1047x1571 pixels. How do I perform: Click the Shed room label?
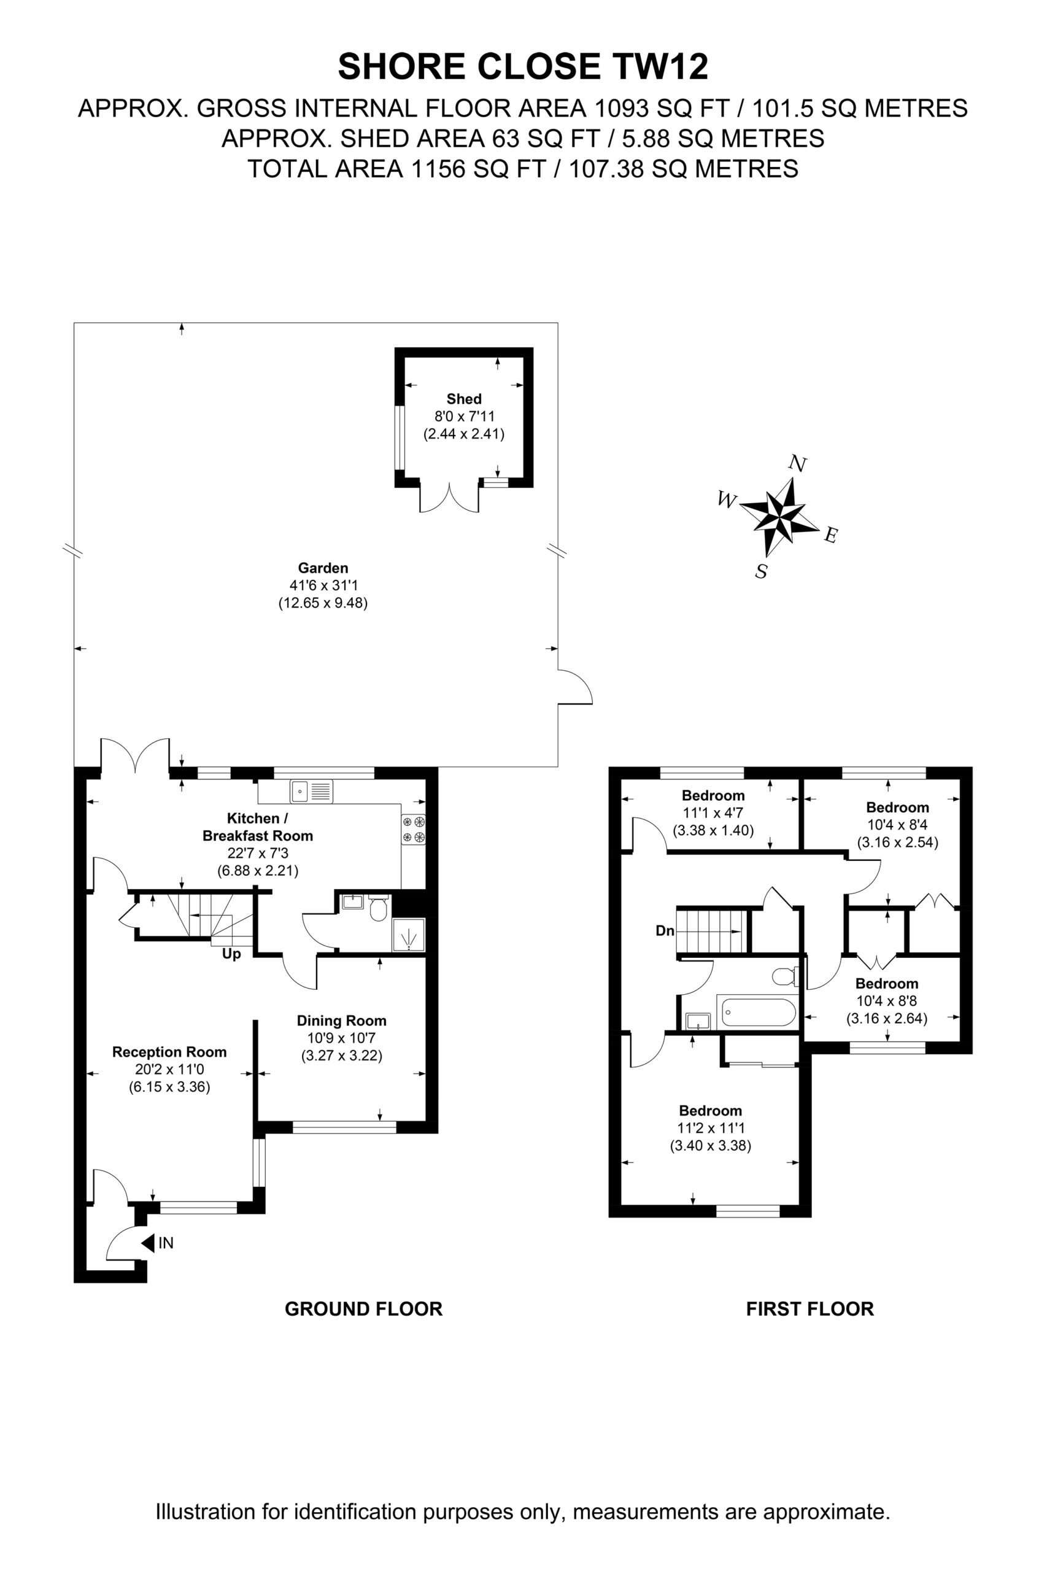pos(463,399)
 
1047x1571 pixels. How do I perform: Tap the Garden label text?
pos(323,568)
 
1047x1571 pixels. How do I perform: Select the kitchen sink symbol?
pos(311,792)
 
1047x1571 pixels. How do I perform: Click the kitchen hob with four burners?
pos(413,830)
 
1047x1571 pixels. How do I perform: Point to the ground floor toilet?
pos(379,908)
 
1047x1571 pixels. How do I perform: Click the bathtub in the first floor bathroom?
pos(757,1014)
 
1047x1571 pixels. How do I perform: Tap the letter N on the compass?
pos(797,463)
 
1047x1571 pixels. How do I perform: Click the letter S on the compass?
pos(761,571)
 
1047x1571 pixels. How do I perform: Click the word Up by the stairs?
pos(231,954)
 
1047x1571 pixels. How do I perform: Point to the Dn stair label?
pos(665,931)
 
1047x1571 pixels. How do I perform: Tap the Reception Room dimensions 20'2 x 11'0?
pos(169,1070)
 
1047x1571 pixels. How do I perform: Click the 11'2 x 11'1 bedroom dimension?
pos(711,1129)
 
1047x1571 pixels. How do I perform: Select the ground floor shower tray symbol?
pos(409,934)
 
